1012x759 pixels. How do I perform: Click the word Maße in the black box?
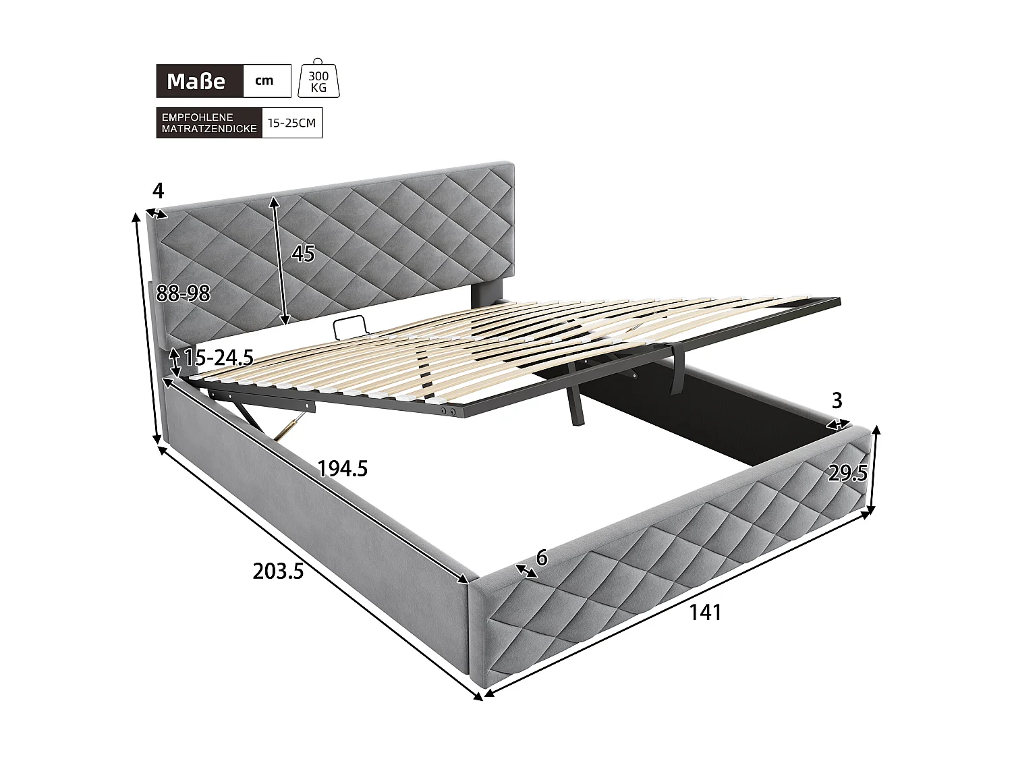(196, 82)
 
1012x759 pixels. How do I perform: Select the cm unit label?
(264, 81)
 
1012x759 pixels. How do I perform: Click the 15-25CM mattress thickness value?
(291, 123)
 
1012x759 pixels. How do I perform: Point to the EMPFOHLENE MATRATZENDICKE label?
(209, 123)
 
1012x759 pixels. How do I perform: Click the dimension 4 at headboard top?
(158, 191)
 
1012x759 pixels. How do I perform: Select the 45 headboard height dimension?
(304, 254)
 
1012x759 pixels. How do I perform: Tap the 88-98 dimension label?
(183, 293)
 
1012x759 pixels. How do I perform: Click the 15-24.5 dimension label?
(218, 358)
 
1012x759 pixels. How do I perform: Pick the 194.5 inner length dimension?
(343, 468)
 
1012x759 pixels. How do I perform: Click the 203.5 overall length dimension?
(279, 571)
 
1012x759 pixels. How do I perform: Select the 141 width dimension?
(705, 613)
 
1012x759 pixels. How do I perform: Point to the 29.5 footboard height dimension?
(847, 474)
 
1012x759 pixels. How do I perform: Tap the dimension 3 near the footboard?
(837, 401)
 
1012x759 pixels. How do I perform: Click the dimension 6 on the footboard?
(540, 557)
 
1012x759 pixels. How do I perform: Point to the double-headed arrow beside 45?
(280, 260)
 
